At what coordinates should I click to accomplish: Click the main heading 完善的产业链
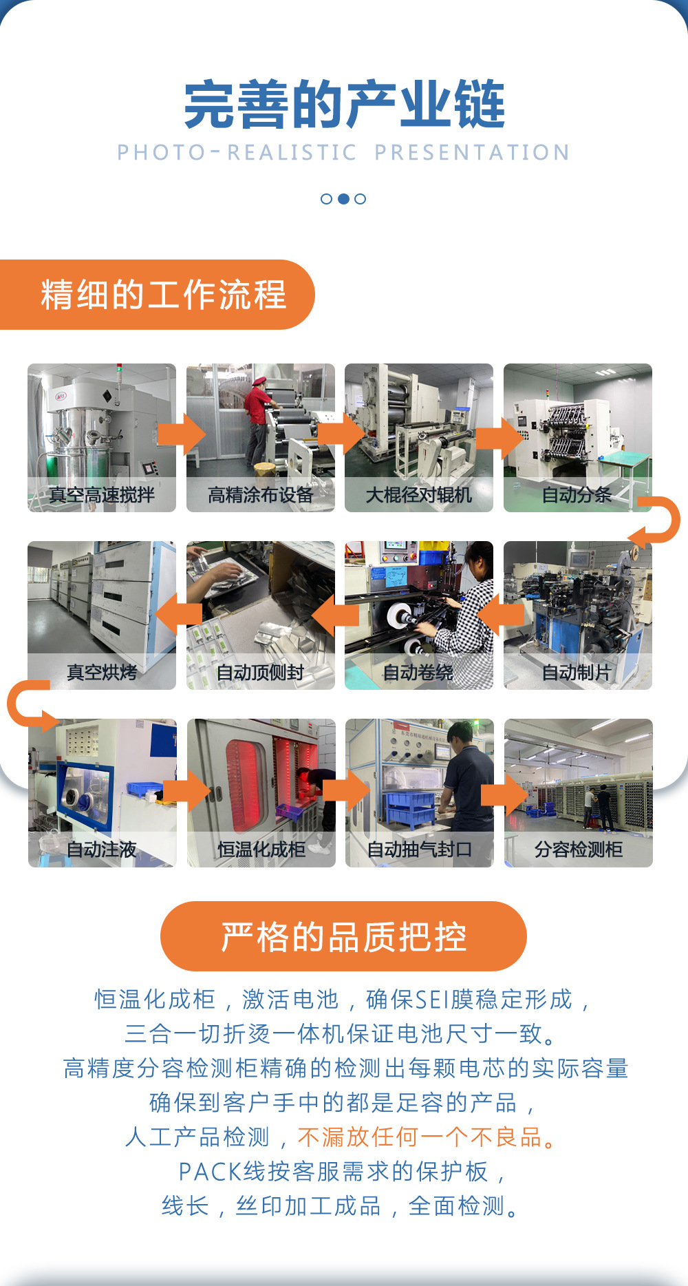[x=344, y=105]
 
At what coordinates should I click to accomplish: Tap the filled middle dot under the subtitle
[x=343, y=199]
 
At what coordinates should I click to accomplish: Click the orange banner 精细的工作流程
[x=162, y=295]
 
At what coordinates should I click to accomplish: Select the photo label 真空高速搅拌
[x=102, y=494]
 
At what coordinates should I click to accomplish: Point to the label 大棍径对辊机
[x=418, y=494]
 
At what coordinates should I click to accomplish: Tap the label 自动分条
[x=577, y=494]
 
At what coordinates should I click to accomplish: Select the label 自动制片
[x=577, y=672]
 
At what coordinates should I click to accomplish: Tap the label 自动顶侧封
[x=260, y=672]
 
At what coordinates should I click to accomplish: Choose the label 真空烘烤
[x=102, y=672]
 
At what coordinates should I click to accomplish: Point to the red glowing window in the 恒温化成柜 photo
[x=244, y=785]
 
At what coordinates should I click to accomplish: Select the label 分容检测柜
[x=578, y=850]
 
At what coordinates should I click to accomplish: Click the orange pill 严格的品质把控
[x=343, y=936]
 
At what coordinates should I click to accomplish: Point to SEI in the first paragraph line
[x=431, y=999]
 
